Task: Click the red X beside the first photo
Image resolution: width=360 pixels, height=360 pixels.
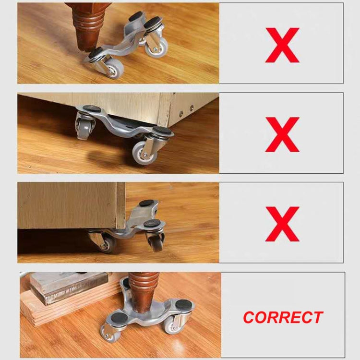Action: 282,45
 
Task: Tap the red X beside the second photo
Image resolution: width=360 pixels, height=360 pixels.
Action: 282,134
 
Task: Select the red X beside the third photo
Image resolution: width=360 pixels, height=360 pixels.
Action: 282,224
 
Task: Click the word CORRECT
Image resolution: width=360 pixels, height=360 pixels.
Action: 283,317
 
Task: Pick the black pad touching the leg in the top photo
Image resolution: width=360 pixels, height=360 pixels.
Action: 95,52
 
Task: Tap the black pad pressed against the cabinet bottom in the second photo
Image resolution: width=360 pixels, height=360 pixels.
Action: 93,109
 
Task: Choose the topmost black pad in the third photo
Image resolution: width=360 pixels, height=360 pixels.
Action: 145,204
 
